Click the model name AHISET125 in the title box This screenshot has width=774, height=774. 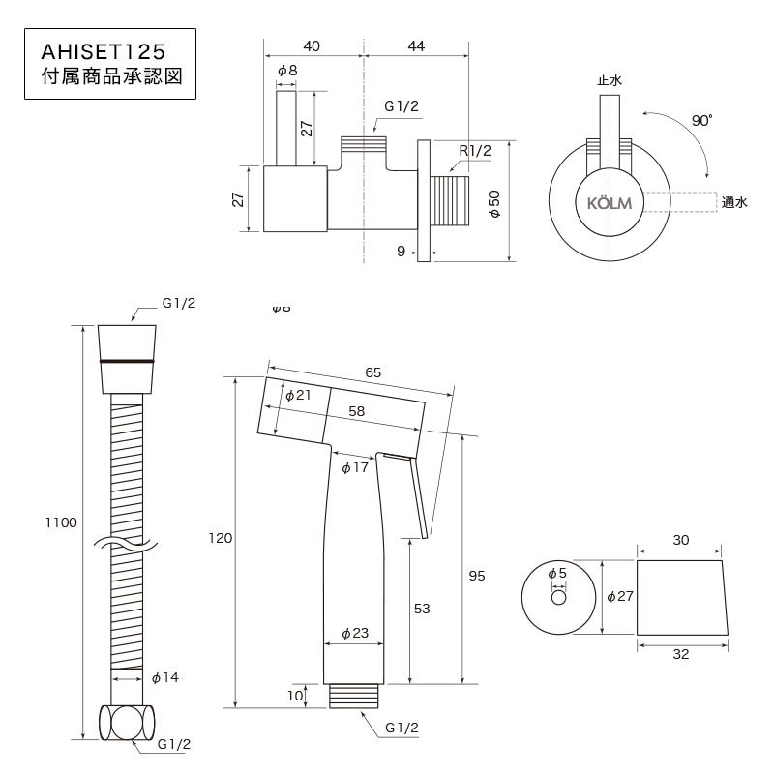[104, 52]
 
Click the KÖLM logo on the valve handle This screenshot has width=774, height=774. [610, 203]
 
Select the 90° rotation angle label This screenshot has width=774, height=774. [701, 120]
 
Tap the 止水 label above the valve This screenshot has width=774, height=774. [610, 80]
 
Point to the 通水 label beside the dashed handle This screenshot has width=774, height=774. [734, 202]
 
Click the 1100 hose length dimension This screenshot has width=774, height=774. [61, 522]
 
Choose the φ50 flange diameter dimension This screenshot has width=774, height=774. [494, 203]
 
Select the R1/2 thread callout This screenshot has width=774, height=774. [475, 151]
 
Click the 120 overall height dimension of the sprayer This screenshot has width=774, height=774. [221, 538]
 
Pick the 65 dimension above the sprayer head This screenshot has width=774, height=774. [373, 372]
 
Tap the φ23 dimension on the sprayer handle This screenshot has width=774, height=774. [355, 633]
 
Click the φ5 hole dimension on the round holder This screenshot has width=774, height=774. [557, 574]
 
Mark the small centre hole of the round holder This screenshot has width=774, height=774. [558, 597]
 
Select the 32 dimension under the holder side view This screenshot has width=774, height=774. [681, 654]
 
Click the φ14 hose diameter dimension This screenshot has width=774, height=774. [165, 678]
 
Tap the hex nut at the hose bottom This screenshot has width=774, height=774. [127, 723]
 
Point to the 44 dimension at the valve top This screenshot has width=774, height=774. [416, 45]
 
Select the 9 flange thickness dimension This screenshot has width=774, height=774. [401, 252]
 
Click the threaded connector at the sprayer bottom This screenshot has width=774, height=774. [353, 696]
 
